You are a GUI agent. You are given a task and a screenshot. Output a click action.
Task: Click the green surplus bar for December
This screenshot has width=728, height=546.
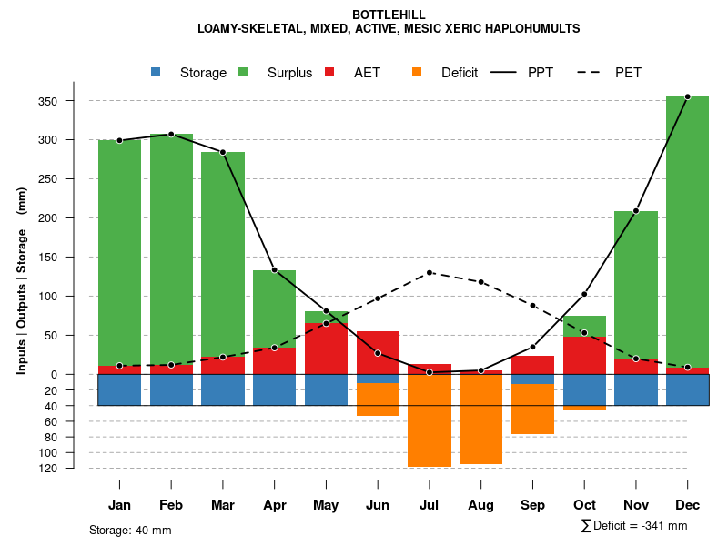pos(687,227)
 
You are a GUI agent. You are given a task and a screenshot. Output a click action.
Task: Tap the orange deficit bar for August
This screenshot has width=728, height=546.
pos(480,419)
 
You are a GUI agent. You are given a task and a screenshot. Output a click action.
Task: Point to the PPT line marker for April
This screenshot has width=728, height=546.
pos(274,270)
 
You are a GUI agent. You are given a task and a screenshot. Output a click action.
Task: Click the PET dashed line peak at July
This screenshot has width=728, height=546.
pos(430,273)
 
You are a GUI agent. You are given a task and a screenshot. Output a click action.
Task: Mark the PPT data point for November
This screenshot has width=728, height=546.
pos(636,211)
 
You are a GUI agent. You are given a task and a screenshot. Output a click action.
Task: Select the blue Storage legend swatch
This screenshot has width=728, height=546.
pos(156,72)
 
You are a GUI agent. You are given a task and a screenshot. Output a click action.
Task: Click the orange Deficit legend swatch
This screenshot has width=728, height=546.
pos(417,72)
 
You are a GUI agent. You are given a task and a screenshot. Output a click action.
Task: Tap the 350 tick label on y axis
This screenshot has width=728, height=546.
pos(73,101)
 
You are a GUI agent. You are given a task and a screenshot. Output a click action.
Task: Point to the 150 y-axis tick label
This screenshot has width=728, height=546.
pos(73,258)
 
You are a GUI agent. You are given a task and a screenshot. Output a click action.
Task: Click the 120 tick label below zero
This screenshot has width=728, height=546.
pos(75,469)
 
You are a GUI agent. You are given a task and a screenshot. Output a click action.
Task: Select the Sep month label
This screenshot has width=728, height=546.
pos(532,505)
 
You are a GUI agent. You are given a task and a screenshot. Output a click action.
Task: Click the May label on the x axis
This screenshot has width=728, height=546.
pos(326,505)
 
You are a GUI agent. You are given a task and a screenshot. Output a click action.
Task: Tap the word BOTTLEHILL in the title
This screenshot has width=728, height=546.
pos(389,15)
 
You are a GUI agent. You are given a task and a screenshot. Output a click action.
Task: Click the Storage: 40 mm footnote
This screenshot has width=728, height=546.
pos(130,530)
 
